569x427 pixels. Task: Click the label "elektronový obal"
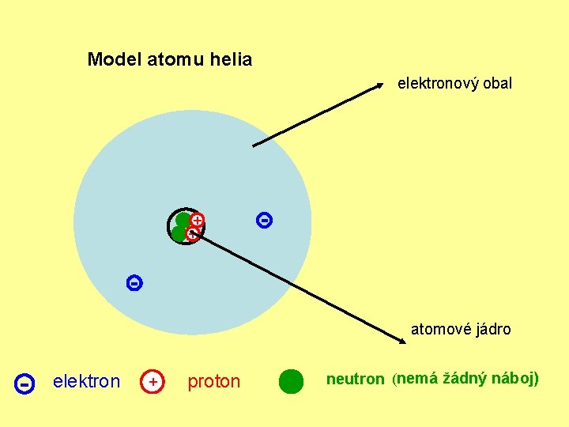coord(454,83)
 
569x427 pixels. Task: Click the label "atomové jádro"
coord(461,330)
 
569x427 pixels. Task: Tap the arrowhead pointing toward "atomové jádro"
coord(401,341)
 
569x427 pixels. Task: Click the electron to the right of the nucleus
coord(265,221)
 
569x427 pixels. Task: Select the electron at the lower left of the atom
coord(134,282)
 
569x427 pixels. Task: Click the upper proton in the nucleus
coord(198,220)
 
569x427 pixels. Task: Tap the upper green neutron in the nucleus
coord(183,220)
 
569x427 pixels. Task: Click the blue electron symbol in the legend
coord(24,384)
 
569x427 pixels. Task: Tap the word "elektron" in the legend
coord(86,382)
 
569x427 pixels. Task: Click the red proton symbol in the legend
coord(152,382)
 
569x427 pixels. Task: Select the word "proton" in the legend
coord(213,382)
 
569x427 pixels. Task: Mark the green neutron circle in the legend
coord(291,381)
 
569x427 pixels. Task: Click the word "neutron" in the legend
coord(355,380)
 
